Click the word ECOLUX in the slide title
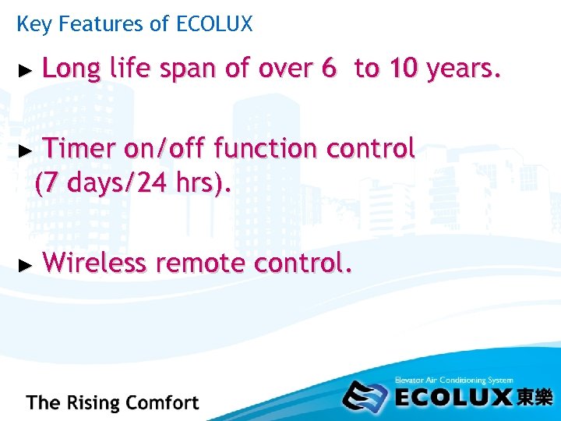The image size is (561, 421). (214, 24)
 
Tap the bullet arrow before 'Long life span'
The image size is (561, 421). (25, 71)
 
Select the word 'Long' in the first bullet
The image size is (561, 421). (71, 70)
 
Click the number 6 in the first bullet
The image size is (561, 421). (328, 69)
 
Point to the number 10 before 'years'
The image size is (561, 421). (404, 69)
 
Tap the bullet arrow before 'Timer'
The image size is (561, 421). (25, 148)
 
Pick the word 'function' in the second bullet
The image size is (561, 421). (266, 147)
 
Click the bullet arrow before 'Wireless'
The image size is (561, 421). (25, 265)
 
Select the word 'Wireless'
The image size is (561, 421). (93, 264)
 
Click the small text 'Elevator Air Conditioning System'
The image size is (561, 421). (453, 380)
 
